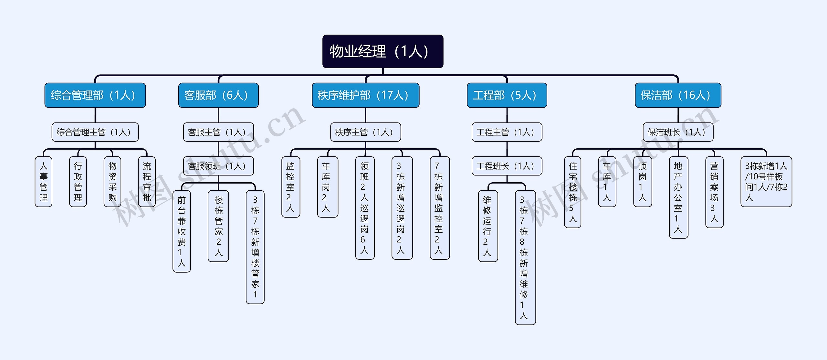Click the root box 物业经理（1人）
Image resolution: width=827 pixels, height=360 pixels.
coord(382,51)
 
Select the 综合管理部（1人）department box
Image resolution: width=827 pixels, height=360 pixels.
coord(95,95)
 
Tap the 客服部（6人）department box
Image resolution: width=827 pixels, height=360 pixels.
coord(218,95)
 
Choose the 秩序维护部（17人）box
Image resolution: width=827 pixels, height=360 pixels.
coord(365,95)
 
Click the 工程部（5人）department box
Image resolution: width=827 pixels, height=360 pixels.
coord(507,95)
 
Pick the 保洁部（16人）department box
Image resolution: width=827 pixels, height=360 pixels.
coord(678,95)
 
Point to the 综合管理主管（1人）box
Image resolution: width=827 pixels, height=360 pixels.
coord(95,132)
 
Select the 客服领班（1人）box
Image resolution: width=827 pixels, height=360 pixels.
coord(218,166)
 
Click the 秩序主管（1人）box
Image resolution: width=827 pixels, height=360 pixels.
coord(365,132)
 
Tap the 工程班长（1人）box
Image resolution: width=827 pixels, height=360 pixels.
coord(507,166)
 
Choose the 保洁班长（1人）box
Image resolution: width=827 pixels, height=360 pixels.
coord(678,132)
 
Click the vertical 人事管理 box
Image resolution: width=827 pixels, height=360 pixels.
coord(43,182)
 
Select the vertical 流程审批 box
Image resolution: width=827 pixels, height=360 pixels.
coord(147,182)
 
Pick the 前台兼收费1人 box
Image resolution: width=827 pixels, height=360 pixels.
coord(182,231)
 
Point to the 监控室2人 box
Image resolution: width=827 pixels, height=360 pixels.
coord(290,187)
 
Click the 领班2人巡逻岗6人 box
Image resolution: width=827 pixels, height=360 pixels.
coord(365,208)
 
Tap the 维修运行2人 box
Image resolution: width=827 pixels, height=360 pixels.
coord(487,226)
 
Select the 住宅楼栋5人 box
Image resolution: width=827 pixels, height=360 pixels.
coord(572,192)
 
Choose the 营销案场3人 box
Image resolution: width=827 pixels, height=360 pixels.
coord(714,192)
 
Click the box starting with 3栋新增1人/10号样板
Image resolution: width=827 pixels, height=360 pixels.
coord(766,182)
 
